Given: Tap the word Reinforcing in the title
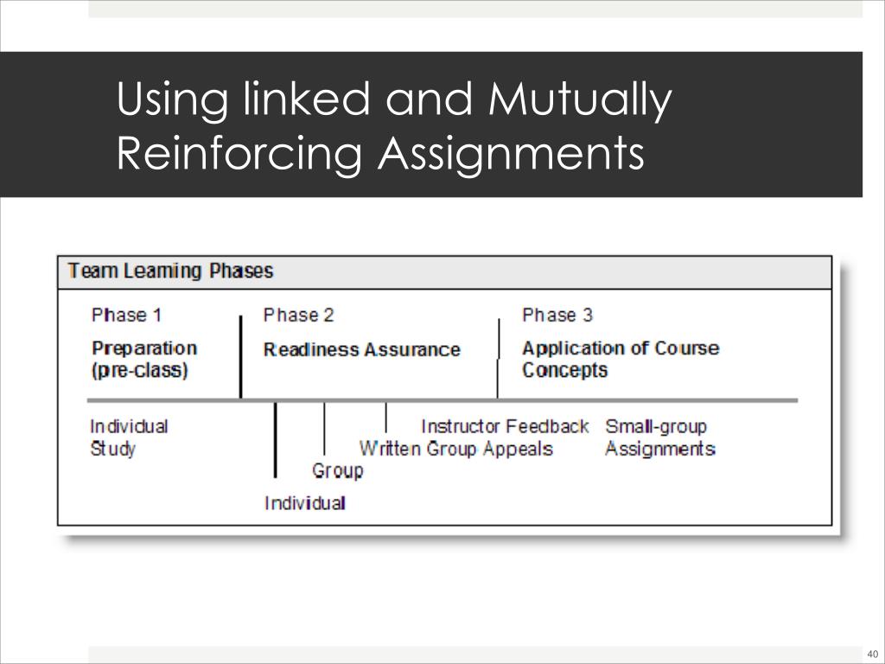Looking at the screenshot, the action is (239, 154).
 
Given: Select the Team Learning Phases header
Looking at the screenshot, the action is (170, 271).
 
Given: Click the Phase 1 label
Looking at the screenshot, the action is (126, 315).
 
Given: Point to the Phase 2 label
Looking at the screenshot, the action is (298, 315).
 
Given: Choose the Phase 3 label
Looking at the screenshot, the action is (557, 315).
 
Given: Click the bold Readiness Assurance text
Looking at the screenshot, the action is (361, 350).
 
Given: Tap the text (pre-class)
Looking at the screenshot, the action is (139, 371).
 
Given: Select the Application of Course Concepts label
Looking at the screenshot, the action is (620, 359).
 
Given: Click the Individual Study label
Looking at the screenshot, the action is (129, 437).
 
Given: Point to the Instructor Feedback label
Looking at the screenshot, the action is (505, 426).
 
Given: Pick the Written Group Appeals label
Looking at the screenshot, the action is (455, 449).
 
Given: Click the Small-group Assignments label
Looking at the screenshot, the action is (659, 437).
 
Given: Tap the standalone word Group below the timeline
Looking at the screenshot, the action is (337, 471).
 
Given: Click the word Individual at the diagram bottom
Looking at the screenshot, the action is (305, 503).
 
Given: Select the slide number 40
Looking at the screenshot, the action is (871, 653).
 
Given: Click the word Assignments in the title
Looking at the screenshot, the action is (513, 154).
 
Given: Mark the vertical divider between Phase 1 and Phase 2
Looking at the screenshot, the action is (241, 356).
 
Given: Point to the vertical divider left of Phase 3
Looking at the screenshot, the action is (498, 356).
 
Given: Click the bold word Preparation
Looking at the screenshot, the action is (144, 348).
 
